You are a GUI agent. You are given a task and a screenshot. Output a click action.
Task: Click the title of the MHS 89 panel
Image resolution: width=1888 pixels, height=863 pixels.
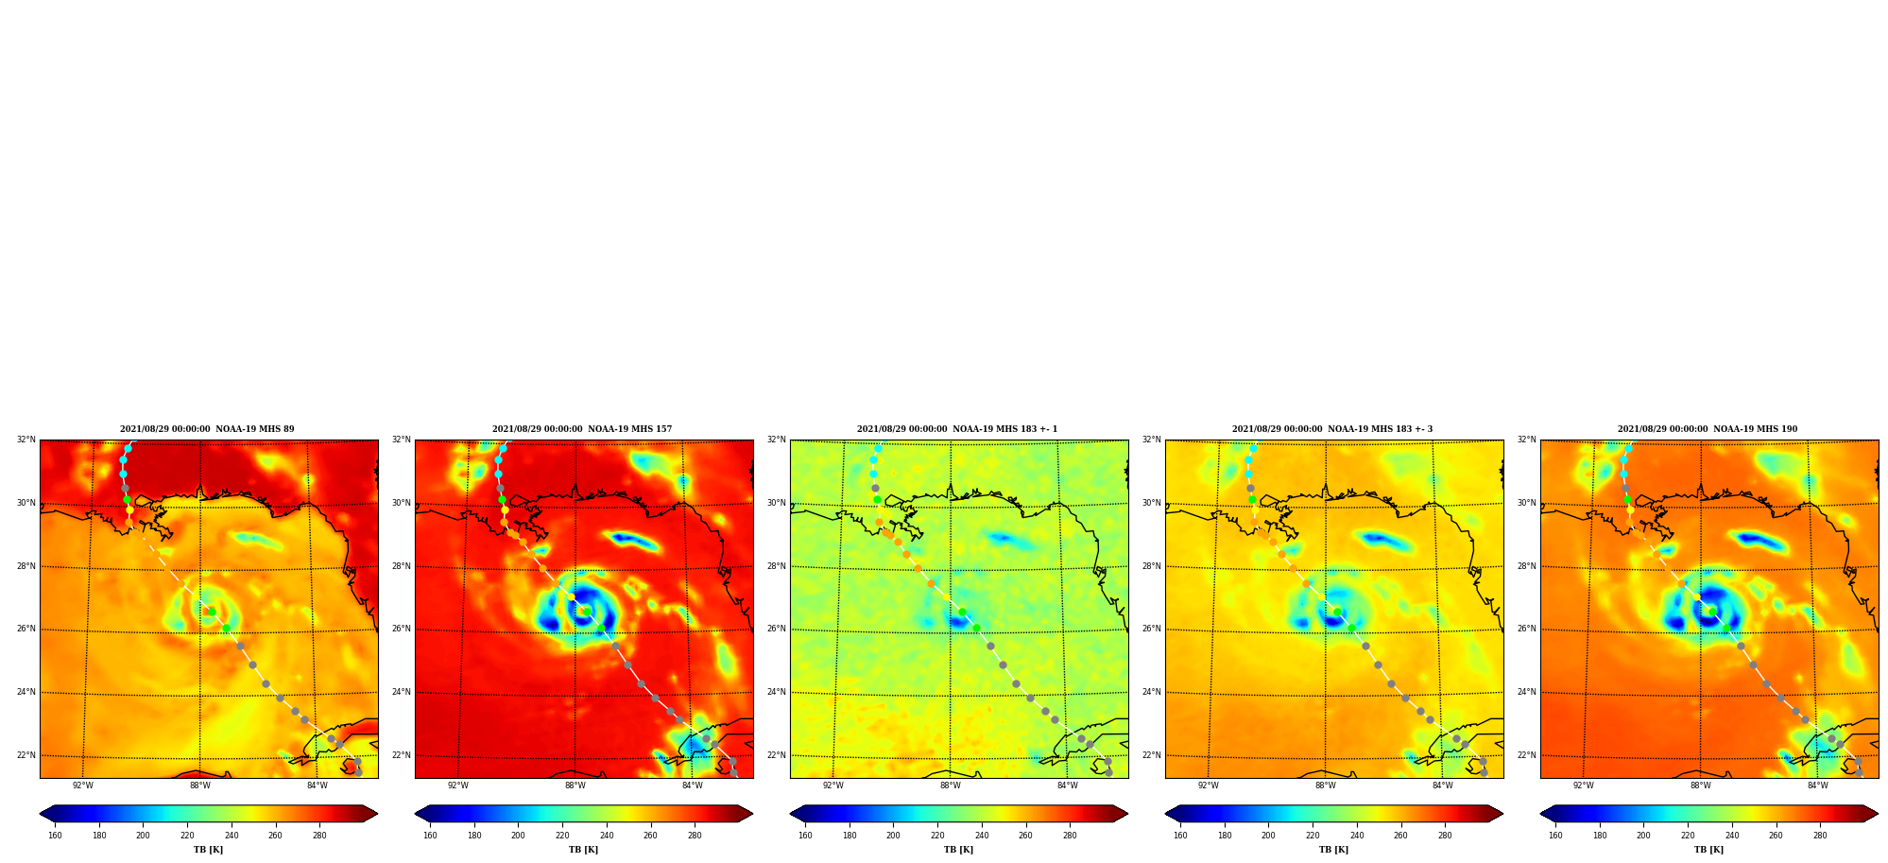(x=207, y=429)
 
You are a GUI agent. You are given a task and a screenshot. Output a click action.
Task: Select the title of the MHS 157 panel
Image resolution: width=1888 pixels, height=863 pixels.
(x=582, y=429)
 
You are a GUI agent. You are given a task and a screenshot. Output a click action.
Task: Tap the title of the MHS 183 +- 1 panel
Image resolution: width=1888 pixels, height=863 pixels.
(x=957, y=429)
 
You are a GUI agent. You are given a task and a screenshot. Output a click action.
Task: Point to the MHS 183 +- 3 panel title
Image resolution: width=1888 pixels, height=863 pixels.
(x=1332, y=429)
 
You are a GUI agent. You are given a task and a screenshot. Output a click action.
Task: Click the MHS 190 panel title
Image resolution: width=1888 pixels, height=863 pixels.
(x=1708, y=429)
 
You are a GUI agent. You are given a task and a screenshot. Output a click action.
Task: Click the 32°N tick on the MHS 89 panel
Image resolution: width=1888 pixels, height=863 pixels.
(x=26, y=440)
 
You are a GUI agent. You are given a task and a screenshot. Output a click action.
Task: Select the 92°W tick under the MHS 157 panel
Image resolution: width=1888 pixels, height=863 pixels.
(x=458, y=785)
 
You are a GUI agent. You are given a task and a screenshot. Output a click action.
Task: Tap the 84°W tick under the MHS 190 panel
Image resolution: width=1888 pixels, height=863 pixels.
(x=1818, y=785)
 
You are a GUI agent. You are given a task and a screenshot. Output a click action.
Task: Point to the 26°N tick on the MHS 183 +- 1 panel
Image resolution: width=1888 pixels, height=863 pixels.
(x=777, y=630)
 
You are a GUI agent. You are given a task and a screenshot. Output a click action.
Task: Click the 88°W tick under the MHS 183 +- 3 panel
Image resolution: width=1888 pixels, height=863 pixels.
(x=1326, y=785)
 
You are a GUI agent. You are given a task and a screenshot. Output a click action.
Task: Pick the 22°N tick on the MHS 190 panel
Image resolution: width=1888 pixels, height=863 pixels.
(x=1527, y=755)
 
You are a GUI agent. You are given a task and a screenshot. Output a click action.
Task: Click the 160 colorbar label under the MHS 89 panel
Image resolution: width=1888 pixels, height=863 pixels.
(x=55, y=836)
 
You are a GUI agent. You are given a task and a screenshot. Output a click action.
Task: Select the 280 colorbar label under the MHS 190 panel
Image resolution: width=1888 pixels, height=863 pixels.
(x=1820, y=836)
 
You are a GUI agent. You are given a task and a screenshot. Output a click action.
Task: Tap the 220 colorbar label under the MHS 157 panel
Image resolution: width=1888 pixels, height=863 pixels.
(x=562, y=836)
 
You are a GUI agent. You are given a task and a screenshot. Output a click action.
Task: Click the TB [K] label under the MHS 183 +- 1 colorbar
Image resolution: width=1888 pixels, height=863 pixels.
(x=958, y=850)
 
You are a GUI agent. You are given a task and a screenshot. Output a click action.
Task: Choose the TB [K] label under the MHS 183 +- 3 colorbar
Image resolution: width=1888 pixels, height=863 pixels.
(x=1333, y=850)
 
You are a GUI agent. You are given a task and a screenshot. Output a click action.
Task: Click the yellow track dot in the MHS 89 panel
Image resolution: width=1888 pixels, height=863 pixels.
(x=130, y=510)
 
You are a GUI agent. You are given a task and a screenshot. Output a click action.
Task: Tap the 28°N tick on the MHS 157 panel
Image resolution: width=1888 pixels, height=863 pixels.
(x=402, y=566)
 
